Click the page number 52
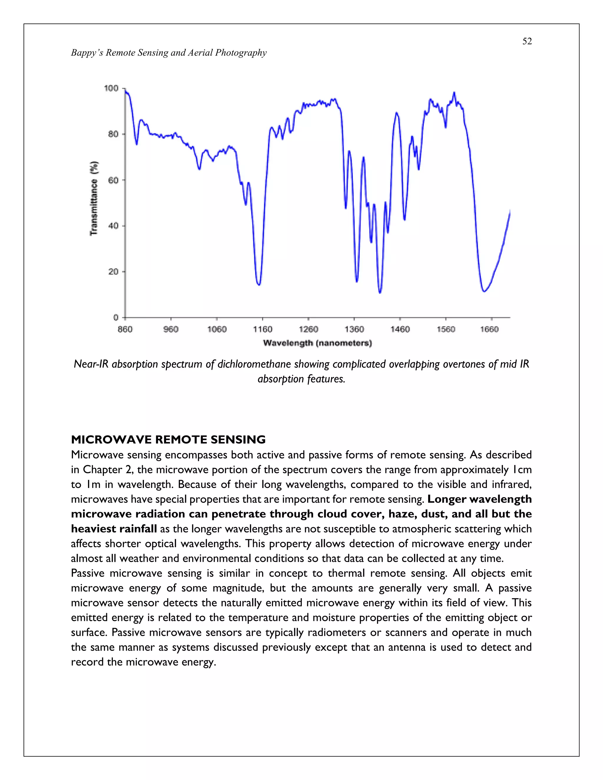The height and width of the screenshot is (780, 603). pyautogui.click(x=527, y=42)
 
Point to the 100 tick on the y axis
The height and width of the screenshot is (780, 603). pyautogui.click(x=111, y=88)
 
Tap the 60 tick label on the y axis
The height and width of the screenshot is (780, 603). pyautogui.click(x=113, y=180)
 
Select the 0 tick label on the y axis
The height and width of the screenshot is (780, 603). pyautogui.click(x=116, y=317)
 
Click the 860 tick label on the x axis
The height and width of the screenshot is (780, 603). pyautogui.click(x=125, y=329)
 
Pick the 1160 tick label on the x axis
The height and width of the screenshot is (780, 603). pyautogui.click(x=263, y=329)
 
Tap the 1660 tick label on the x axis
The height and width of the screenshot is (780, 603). pyautogui.click(x=489, y=329)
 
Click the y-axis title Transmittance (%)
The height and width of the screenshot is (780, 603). pyautogui.click(x=94, y=198)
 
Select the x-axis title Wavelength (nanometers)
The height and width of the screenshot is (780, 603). pyautogui.click(x=317, y=343)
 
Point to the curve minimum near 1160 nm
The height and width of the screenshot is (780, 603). pyautogui.click(x=259, y=284)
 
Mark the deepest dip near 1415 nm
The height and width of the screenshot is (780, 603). pyautogui.click(x=380, y=293)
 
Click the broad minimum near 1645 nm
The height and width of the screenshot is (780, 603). pyautogui.click(x=484, y=291)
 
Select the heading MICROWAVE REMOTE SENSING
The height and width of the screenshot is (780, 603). pyautogui.click(x=168, y=439)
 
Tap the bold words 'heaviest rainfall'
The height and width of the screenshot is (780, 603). pyautogui.click(x=114, y=529)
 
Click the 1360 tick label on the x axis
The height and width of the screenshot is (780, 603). pyautogui.click(x=354, y=329)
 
